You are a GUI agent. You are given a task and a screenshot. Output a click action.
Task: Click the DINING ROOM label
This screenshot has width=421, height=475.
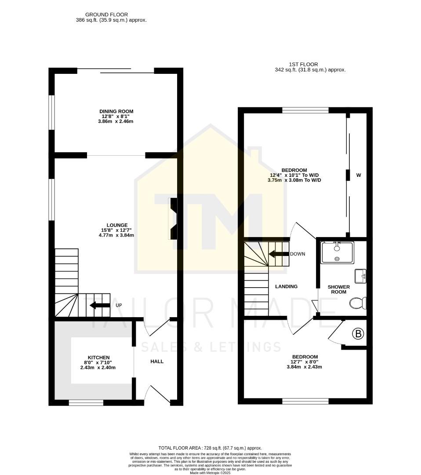(116, 111)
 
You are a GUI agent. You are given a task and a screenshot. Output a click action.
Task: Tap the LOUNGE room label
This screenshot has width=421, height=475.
(116, 225)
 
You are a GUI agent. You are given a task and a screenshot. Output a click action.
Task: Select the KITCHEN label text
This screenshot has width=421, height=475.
(98, 357)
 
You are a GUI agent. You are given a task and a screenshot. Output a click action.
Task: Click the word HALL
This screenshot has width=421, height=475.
(157, 362)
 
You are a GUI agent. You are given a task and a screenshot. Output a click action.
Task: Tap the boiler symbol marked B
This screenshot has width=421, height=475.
(359, 334)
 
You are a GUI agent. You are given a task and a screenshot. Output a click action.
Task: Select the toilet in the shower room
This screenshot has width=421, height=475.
(358, 303)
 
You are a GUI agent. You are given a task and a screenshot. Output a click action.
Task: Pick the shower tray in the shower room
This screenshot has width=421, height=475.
(337, 252)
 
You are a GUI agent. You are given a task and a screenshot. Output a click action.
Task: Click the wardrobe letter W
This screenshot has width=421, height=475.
(359, 175)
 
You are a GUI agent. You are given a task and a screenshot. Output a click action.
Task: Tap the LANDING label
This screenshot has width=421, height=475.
(286, 286)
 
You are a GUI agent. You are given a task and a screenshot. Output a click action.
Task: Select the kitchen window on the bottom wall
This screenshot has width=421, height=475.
(86, 402)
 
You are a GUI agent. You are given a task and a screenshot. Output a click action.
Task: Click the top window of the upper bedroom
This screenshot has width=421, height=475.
(305, 110)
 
